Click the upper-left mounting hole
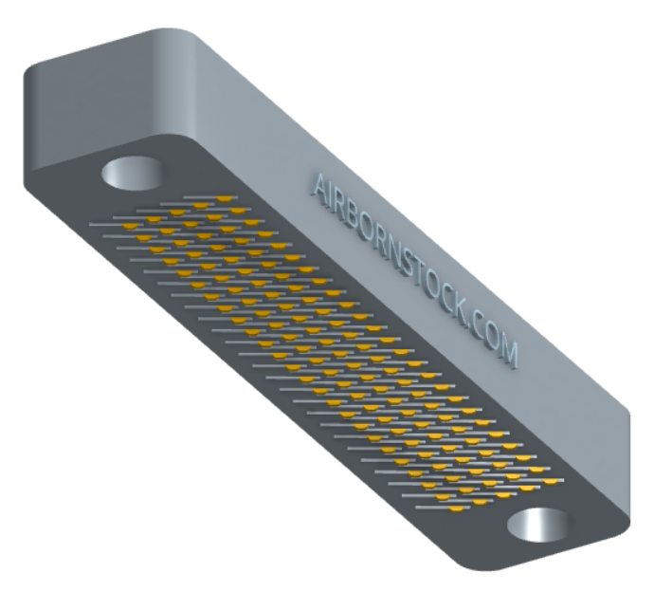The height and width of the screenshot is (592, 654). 132,174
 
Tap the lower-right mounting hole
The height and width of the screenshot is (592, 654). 537,525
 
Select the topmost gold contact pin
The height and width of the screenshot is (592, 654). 225,198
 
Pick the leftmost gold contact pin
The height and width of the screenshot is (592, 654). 131,226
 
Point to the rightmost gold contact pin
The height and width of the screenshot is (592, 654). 551,481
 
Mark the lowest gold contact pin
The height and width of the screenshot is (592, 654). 457,509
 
